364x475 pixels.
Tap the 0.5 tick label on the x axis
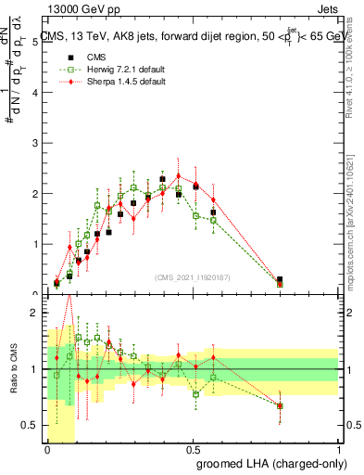193,450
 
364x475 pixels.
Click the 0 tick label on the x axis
47,450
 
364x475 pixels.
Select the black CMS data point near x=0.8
280,279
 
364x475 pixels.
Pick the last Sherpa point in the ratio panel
280,405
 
